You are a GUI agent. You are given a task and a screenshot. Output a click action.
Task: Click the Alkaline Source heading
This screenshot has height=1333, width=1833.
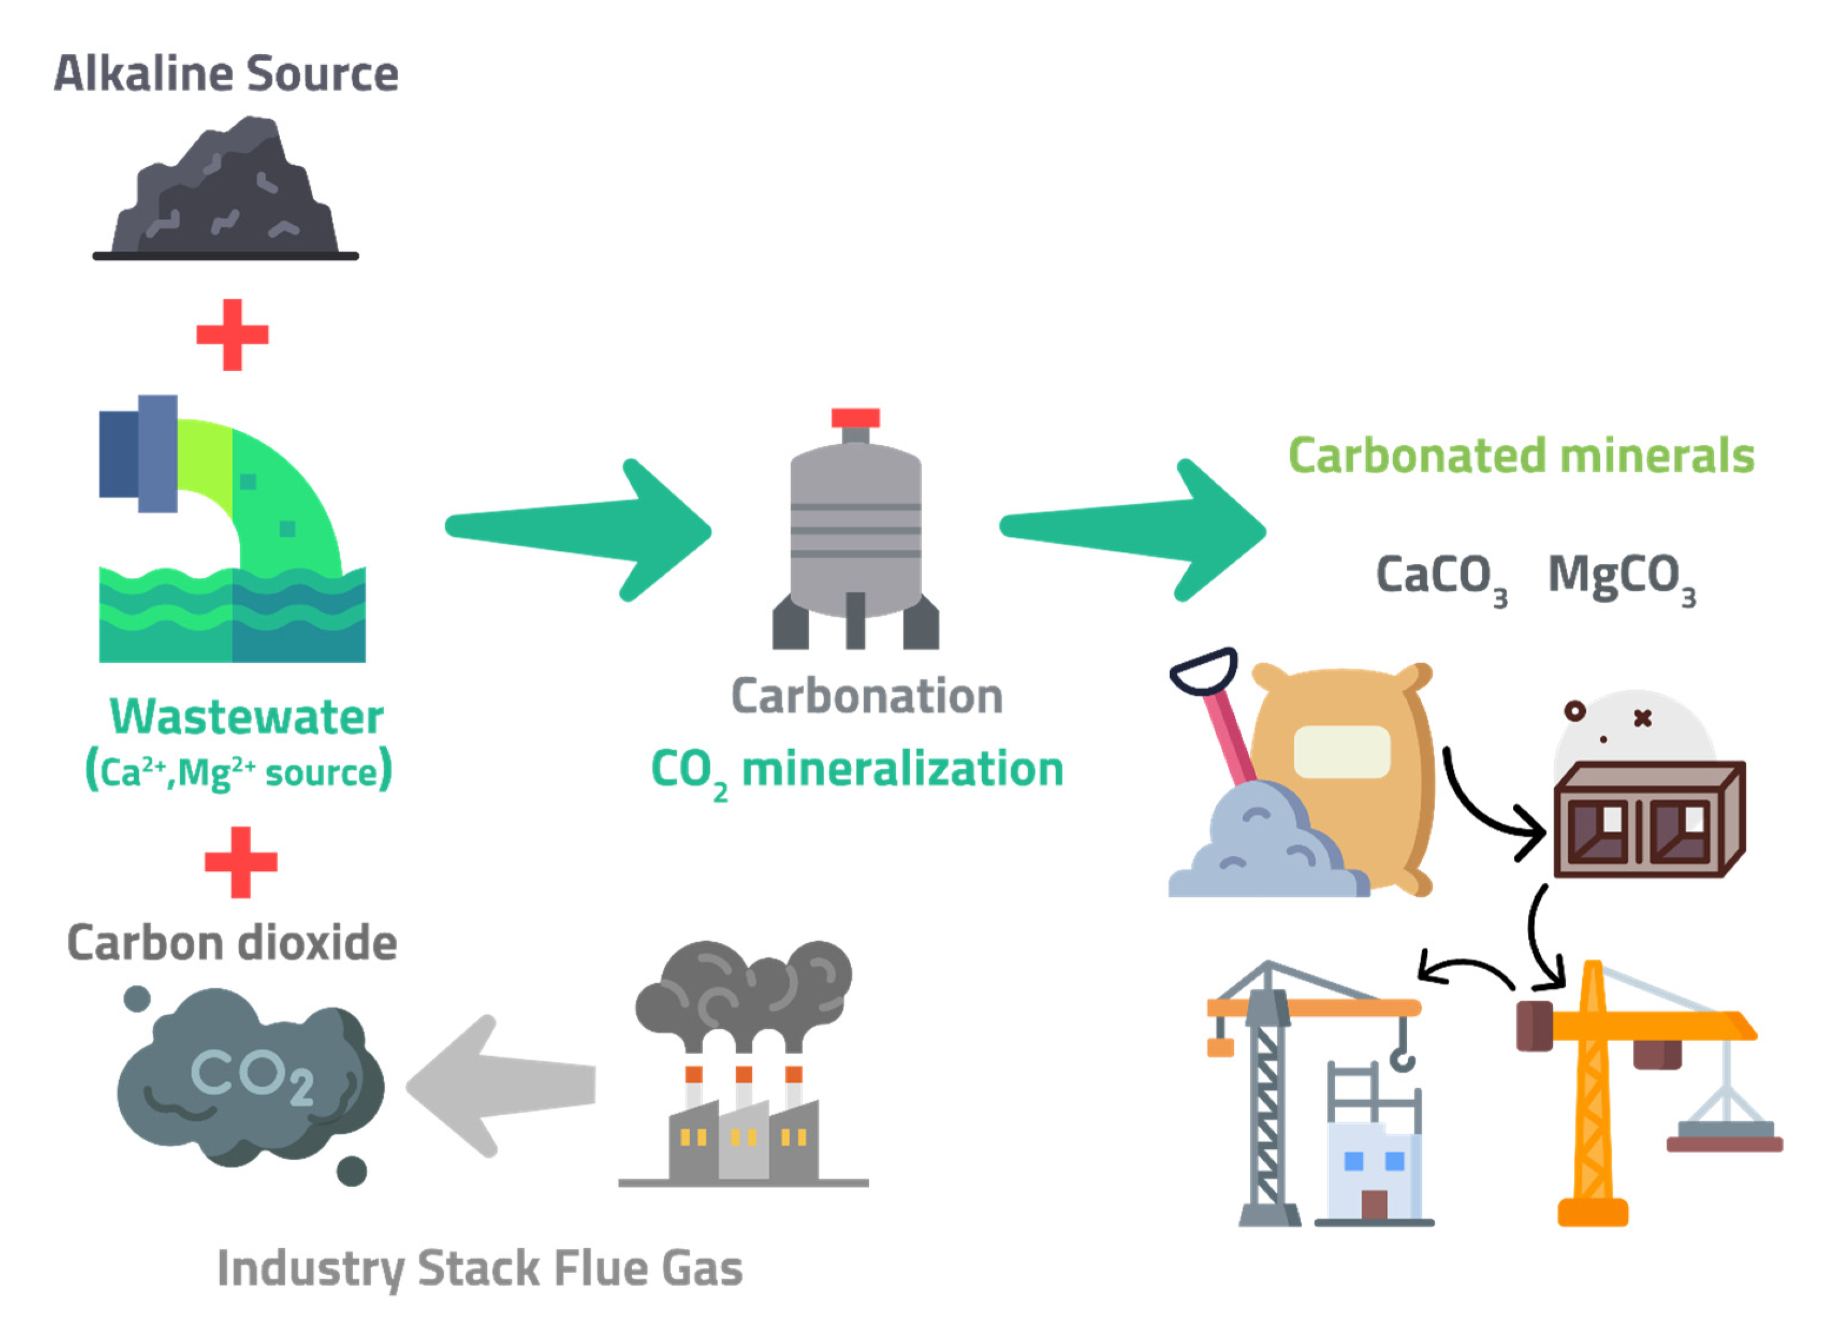click(x=226, y=74)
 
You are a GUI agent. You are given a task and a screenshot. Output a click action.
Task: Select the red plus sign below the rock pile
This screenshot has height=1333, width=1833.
click(x=232, y=334)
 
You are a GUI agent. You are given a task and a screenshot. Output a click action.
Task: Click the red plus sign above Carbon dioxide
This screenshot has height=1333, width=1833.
click(x=241, y=862)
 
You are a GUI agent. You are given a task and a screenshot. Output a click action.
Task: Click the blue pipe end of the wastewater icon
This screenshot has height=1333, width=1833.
click(x=137, y=454)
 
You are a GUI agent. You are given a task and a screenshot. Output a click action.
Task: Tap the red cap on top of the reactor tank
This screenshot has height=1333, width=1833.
click(x=855, y=418)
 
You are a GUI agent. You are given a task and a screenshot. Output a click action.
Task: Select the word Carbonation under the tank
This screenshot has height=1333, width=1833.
click(x=866, y=696)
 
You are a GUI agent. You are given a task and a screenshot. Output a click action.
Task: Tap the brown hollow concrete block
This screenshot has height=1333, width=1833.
click(x=1649, y=820)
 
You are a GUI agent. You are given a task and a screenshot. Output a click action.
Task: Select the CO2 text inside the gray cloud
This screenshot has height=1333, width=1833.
click(x=251, y=1075)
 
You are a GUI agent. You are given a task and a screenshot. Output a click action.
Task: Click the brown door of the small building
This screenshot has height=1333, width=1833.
click(x=1374, y=1204)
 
